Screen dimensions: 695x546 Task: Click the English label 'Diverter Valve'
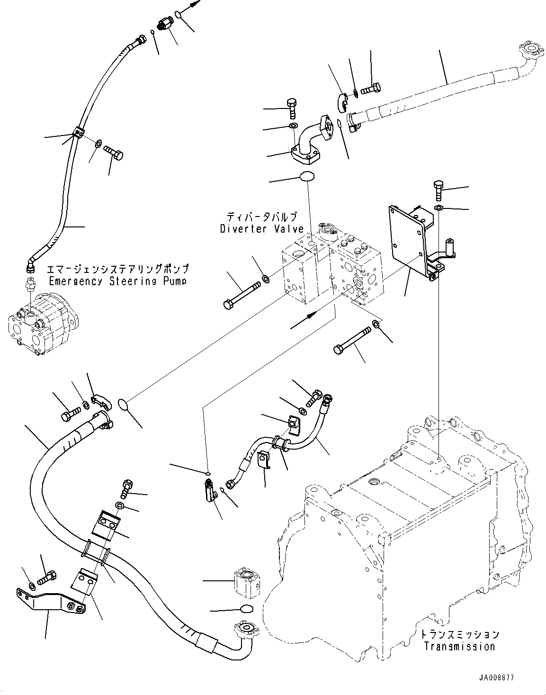[x=261, y=229]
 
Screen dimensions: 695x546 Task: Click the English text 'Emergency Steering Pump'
[x=117, y=281]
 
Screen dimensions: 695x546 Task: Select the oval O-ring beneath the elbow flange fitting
[x=307, y=177]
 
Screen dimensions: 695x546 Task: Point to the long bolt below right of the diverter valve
[x=353, y=339]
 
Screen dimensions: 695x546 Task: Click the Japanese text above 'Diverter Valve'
[x=261, y=217]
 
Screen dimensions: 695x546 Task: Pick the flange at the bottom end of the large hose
[x=243, y=631]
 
